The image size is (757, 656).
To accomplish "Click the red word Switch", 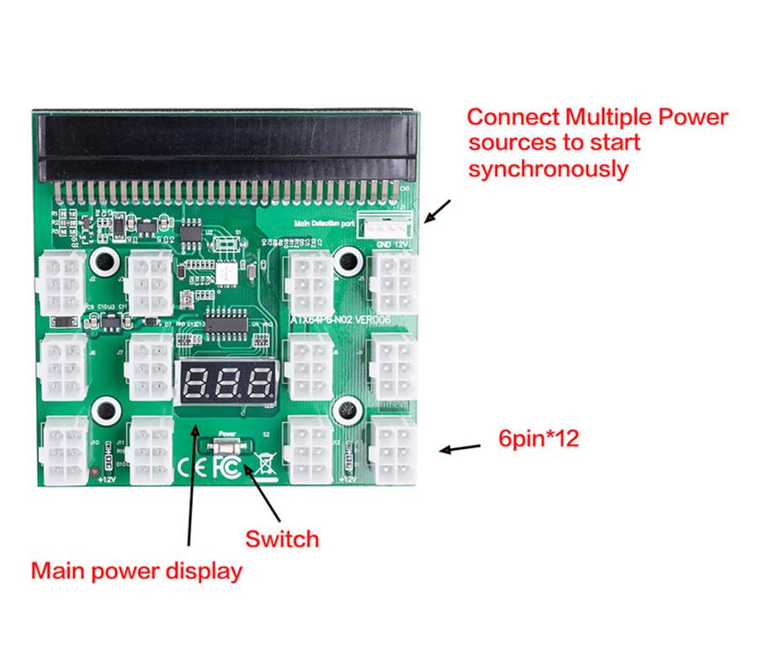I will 282,538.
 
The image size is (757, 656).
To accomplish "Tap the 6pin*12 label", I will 538,438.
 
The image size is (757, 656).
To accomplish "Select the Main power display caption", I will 136,571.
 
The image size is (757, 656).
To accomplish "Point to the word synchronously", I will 548,168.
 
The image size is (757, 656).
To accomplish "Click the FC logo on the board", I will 227,466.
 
